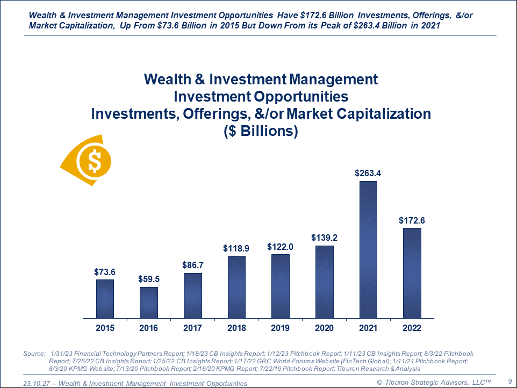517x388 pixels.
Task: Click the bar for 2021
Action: click(x=368, y=249)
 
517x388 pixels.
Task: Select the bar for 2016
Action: click(x=149, y=302)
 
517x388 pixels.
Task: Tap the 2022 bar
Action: click(x=412, y=272)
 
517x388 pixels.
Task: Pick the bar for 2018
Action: click(x=236, y=286)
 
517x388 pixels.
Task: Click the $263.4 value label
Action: click(x=368, y=173)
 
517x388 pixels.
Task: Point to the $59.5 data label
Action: click(x=149, y=279)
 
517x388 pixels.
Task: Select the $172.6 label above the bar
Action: click(x=412, y=220)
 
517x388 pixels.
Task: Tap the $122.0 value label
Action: click(x=281, y=247)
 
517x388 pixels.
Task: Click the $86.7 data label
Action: click(x=192, y=265)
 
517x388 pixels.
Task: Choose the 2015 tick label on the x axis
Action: click(x=105, y=328)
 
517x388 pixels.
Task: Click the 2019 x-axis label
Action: click(x=281, y=328)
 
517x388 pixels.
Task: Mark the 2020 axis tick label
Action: click(x=324, y=328)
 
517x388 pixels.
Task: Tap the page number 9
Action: click(x=509, y=381)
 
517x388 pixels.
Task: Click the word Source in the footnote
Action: click(x=34, y=354)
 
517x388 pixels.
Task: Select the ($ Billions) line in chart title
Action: click(x=261, y=131)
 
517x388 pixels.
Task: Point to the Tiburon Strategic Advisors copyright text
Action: click(x=434, y=382)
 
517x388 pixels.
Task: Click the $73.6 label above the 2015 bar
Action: click(x=105, y=271)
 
